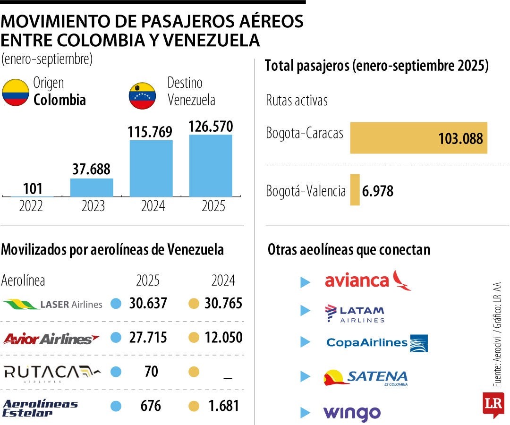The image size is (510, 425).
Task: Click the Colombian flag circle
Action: [16, 93]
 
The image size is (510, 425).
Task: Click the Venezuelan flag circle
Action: [142, 96]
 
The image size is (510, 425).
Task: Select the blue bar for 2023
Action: [92, 187]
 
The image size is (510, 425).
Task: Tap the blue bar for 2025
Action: [211, 165]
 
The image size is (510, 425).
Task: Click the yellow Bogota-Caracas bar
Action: [418, 138]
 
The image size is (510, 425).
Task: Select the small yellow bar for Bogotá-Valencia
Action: [355, 190]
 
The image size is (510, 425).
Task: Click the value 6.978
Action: [378, 191]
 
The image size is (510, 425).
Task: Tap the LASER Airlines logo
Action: [52, 304]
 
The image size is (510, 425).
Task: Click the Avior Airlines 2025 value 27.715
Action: [148, 338]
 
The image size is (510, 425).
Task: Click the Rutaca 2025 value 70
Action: [151, 372]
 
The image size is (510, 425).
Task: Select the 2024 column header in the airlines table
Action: [223, 280]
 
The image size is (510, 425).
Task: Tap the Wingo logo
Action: [352, 413]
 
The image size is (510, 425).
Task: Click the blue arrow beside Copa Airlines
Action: [306, 342]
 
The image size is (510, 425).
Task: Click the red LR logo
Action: [493, 405]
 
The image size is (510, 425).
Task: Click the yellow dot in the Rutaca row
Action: [194, 372]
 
